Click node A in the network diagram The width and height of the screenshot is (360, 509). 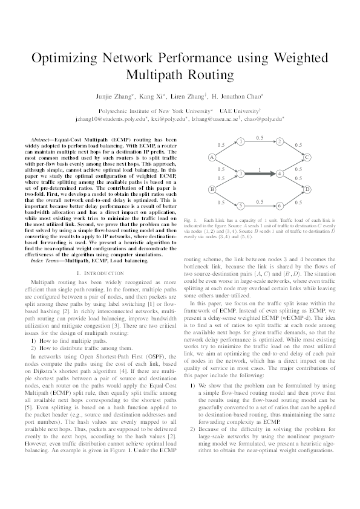coord(212,158)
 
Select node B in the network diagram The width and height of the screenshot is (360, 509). coord(212,190)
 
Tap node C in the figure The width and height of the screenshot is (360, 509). coord(307,158)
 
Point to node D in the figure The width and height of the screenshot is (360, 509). coord(307,190)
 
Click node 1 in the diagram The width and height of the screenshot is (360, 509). coord(240,144)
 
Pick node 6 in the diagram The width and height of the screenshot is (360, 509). coord(280,206)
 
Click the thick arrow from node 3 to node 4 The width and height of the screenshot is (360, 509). coord(260,174)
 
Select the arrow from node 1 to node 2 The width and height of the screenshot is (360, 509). coord(260,144)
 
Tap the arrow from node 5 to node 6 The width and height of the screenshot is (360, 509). coord(260,206)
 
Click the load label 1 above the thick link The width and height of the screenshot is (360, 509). coord(260,169)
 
